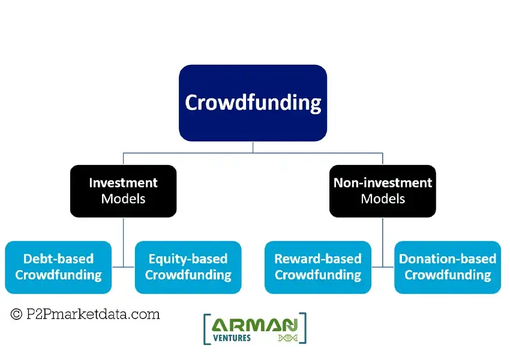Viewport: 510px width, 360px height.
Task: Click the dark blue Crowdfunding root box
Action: pos(253,103)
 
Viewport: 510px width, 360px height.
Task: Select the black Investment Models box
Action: pos(123,191)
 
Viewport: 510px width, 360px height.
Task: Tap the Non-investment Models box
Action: pos(383,191)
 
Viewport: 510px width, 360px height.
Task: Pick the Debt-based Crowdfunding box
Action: pos(58,267)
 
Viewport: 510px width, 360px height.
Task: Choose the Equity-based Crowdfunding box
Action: pos(188,267)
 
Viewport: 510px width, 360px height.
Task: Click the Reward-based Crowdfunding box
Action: pos(318,267)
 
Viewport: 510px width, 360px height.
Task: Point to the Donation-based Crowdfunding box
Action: pos(448,267)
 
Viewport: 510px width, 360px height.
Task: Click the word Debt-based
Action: pos(59,259)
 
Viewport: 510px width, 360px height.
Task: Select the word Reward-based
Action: pos(318,259)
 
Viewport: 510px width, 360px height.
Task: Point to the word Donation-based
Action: pos(448,259)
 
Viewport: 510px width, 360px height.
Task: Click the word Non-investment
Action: pos(383,183)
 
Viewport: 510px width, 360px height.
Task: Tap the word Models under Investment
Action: pos(123,199)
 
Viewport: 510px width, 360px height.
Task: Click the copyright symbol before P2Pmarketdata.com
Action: pos(16,314)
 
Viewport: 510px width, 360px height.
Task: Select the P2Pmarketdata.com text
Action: pos(93,314)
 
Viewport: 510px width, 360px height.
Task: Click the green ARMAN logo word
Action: pos(254,325)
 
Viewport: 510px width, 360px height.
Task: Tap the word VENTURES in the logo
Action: pos(232,338)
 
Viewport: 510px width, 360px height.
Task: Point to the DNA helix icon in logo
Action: pos(288,338)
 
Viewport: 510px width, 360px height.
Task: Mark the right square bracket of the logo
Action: pos(305,328)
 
